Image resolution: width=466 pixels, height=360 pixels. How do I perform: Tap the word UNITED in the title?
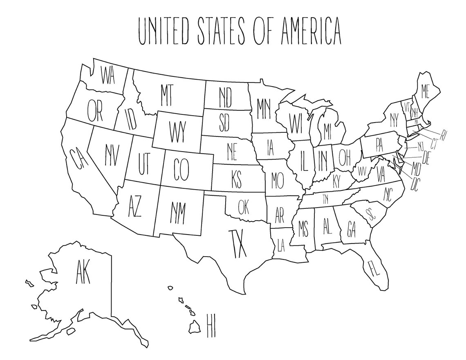click(x=164, y=31)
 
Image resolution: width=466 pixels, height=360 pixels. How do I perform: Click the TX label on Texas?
click(x=237, y=244)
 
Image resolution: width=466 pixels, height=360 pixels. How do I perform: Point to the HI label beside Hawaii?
click(x=211, y=326)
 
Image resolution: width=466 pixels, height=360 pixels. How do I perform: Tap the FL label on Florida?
click(x=374, y=268)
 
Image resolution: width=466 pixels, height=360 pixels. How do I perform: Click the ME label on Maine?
click(x=425, y=90)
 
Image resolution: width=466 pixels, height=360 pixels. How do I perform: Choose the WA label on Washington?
click(x=108, y=76)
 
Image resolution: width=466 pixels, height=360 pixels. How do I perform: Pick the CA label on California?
click(x=78, y=159)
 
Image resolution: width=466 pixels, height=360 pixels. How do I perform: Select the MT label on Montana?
click(x=166, y=95)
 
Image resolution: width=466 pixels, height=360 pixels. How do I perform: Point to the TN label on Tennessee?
click(x=325, y=199)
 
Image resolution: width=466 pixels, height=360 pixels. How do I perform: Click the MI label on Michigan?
click(x=327, y=130)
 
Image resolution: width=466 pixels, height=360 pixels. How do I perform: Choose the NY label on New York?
click(x=394, y=120)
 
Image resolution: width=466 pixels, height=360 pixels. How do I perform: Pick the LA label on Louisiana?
click(x=280, y=246)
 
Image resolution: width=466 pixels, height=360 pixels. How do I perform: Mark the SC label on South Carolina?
click(x=372, y=215)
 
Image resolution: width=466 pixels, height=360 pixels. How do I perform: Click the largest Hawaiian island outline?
click(x=195, y=326)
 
